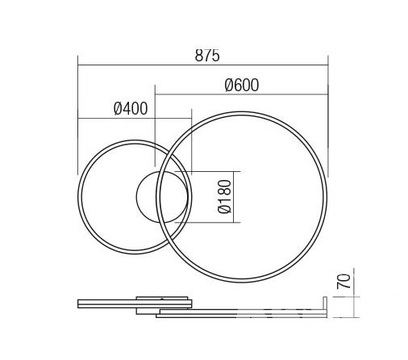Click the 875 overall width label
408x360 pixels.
[x=207, y=56]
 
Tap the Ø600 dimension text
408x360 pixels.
[x=242, y=85]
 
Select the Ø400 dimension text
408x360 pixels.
[x=131, y=108]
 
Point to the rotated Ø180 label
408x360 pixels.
[x=224, y=196]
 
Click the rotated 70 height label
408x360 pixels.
[x=343, y=282]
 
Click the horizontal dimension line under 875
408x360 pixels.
[x=203, y=65]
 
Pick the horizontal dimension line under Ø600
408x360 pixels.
[x=242, y=94]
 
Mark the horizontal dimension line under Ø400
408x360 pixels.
[x=135, y=118]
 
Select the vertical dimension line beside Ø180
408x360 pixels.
[x=234, y=197]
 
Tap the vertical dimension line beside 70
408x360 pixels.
[x=354, y=293]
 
